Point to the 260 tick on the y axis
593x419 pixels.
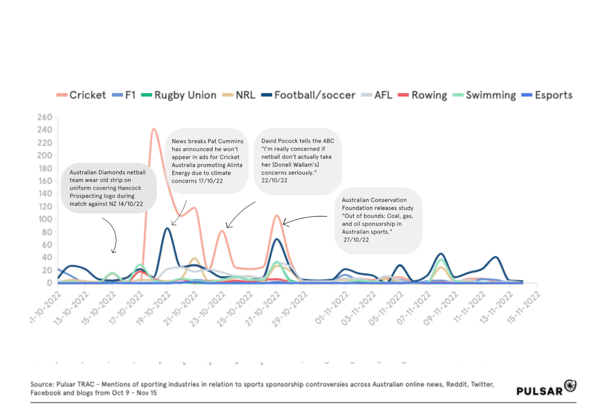[x=44, y=117]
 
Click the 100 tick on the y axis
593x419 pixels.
[x=44, y=219]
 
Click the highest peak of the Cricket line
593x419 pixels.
[x=154, y=129]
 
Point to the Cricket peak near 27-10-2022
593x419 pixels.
[x=277, y=215]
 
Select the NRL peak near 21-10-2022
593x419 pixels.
[x=195, y=258]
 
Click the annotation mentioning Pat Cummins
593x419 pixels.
[x=207, y=161]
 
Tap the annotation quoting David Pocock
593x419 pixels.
[x=298, y=161]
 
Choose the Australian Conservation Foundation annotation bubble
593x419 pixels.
[x=378, y=220]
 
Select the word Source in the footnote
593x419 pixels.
[x=41, y=384]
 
